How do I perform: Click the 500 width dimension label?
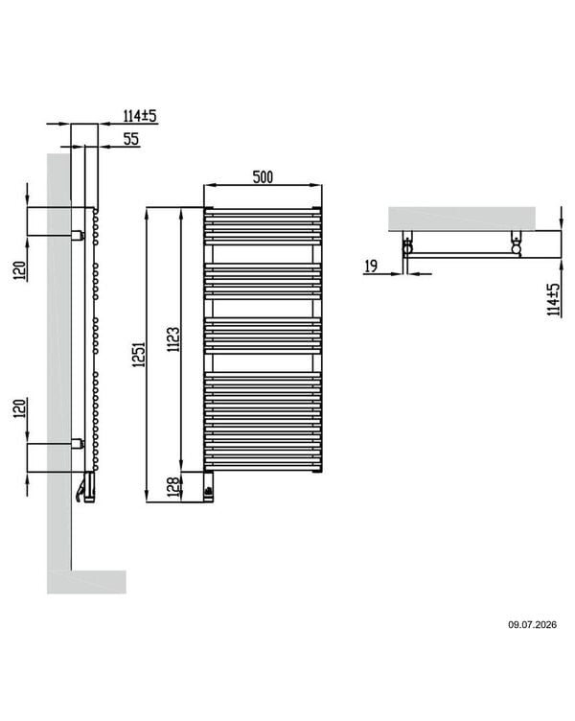pyautogui.click(x=263, y=177)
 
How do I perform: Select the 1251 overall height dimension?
pyautogui.click(x=139, y=354)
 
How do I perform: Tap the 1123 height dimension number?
pyautogui.click(x=173, y=339)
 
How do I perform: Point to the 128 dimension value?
pyautogui.click(x=172, y=487)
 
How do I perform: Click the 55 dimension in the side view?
pyautogui.click(x=131, y=139)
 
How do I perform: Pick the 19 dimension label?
pyautogui.click(x=371, y=266)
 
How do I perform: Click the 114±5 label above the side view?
pyautogui.click(x=140, y=115)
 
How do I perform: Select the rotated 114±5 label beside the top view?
pyautogui.click(x=554, y=299)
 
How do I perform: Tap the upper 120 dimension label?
pyautogui.click(x=19, y=270)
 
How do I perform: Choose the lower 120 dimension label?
pyautogui.click(x=19, y=408)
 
